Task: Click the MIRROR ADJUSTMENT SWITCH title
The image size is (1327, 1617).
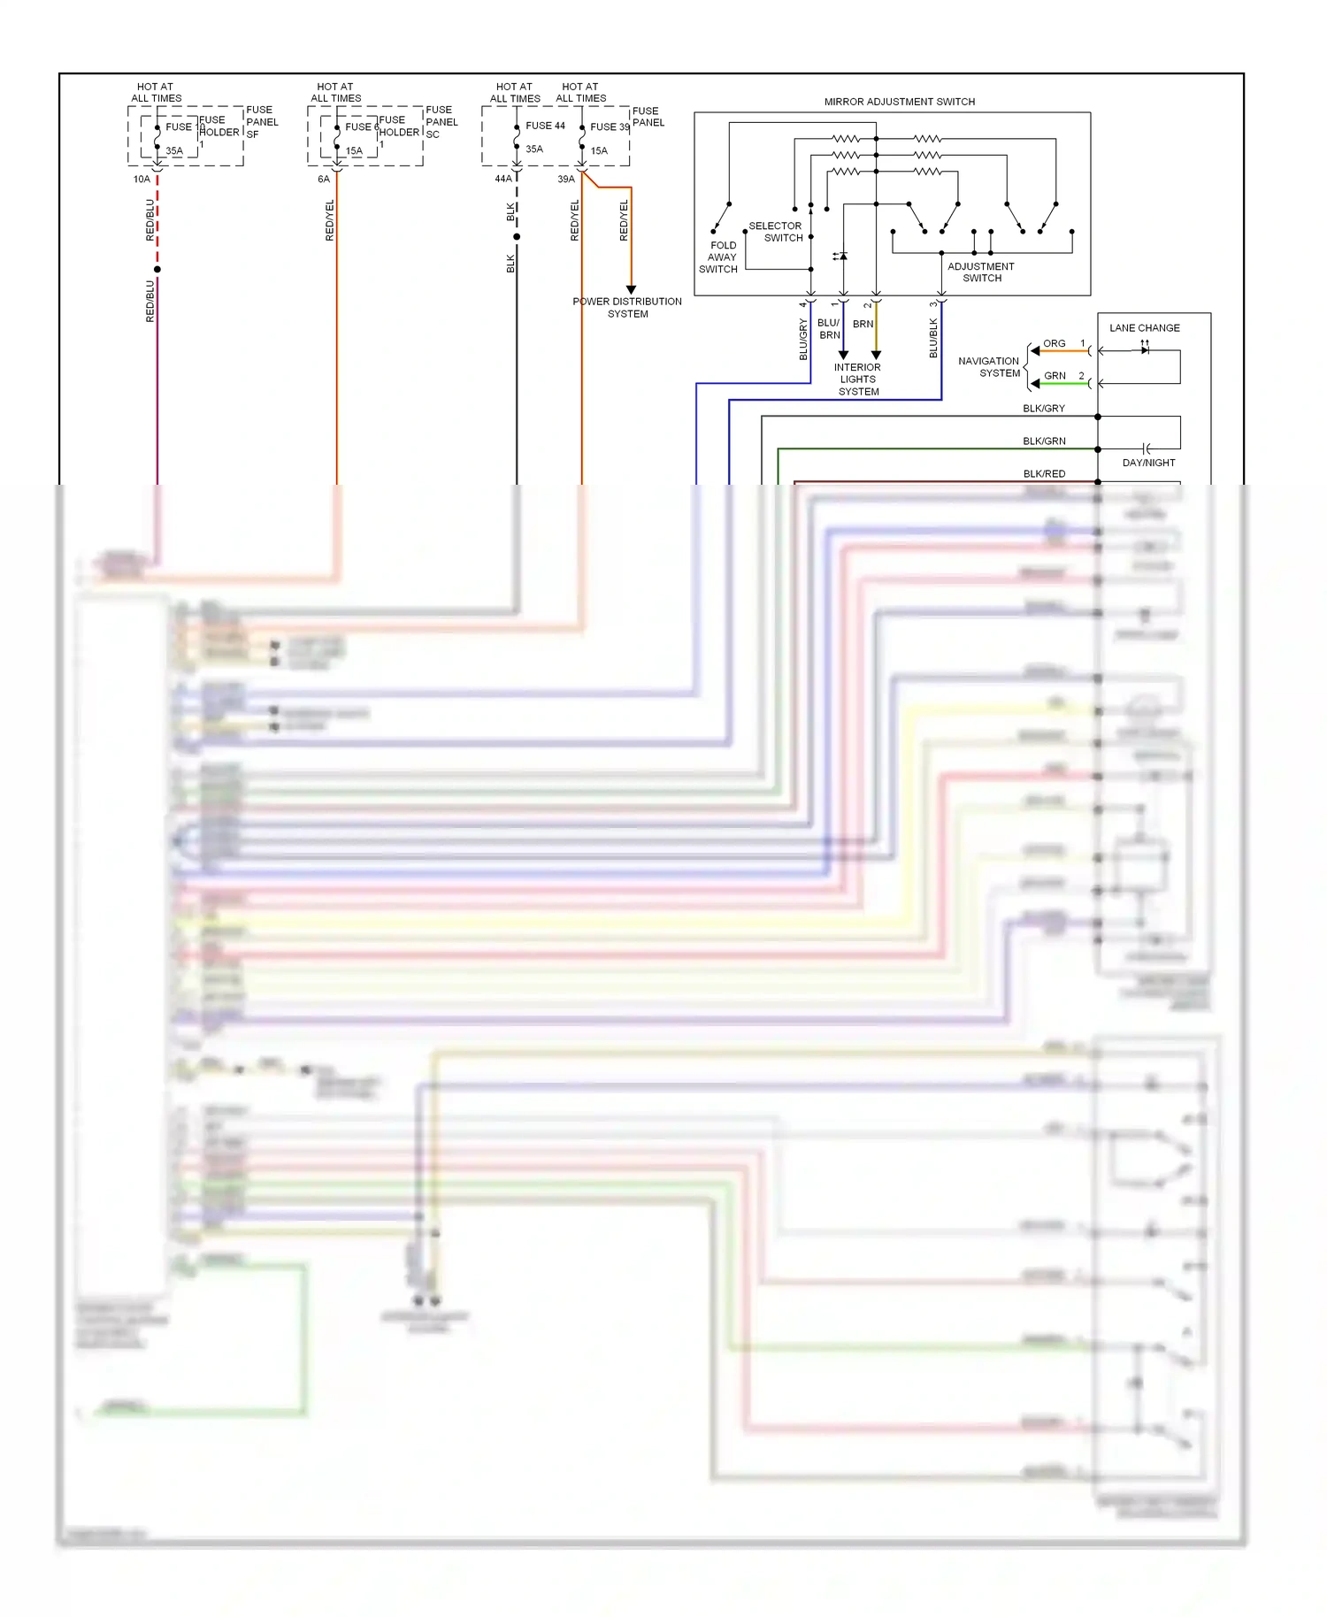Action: tap(899, 102)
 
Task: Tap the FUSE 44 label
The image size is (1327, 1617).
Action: tap(545, 126)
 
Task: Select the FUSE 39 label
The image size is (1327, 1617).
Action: tap(610, 126)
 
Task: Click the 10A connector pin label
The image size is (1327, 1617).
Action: tap(142, 180)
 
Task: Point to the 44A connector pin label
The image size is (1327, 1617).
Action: tap(502, 179)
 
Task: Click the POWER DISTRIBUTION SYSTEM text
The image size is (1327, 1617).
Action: tap(627, 308)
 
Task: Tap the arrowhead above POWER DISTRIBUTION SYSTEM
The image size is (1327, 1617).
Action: tap(631, 289)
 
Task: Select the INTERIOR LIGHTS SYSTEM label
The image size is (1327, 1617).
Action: tap(857, 379)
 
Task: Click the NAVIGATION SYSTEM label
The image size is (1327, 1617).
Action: tap(989, 367)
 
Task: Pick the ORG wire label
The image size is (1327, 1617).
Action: tap(1054, 343)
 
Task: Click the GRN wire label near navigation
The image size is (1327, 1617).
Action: tap(1055, 376)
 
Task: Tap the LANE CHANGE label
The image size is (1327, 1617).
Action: tap(1144, 328)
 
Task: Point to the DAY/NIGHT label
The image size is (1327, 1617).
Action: tap(1148, 463)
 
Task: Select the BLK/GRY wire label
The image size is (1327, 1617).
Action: tap(1044, 409)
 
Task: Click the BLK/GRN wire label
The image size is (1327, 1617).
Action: tap(1044, 441)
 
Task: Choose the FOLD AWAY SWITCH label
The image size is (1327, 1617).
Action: tap(719, 257)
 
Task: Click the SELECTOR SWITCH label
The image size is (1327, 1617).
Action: tap(776, 232)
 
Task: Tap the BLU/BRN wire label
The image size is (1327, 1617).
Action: tap(829, 329)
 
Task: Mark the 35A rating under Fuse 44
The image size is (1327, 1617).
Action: tap(534, 149)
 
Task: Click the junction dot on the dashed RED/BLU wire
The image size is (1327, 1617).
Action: tap(157, 269)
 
